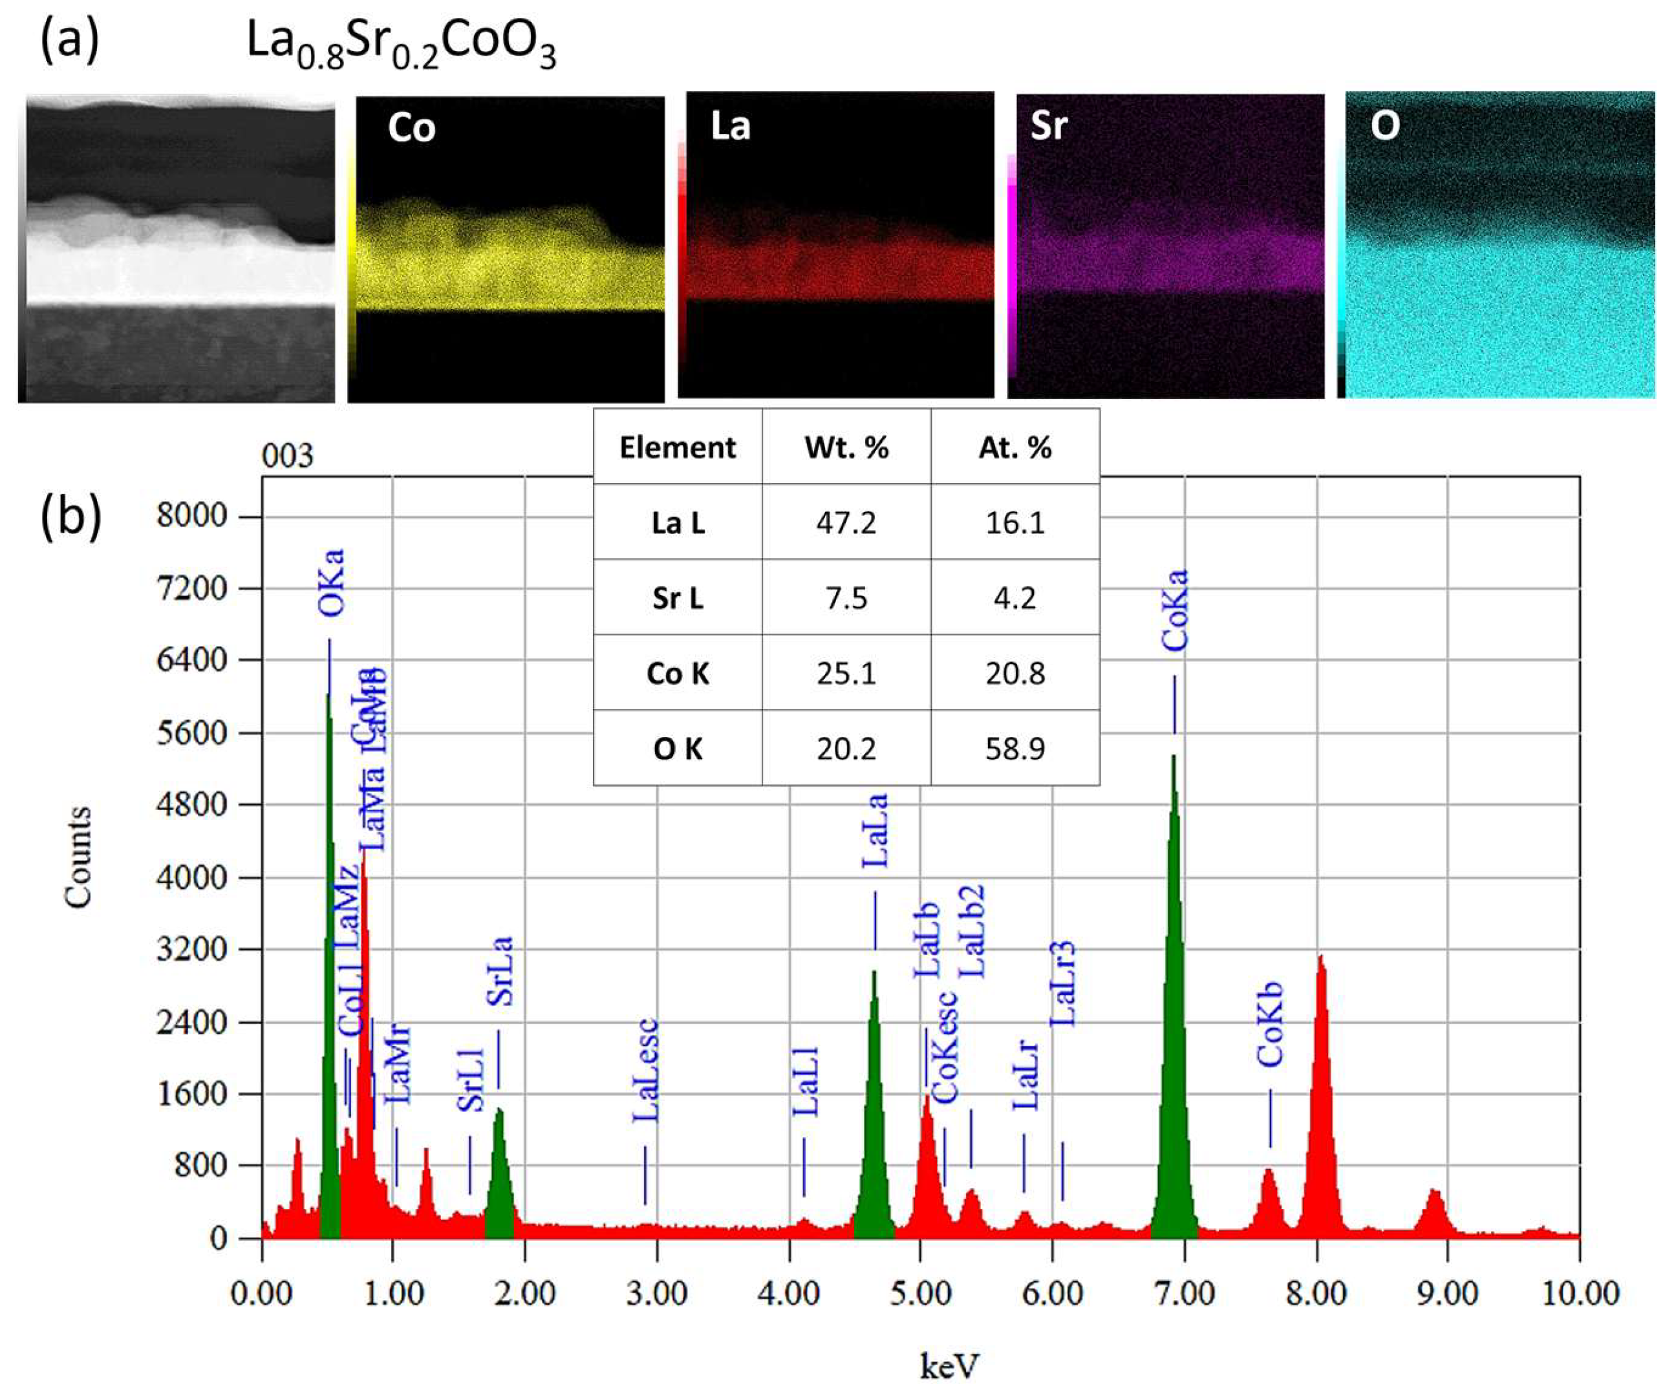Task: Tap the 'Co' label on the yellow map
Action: tap(411, 127)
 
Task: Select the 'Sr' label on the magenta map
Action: tap(1049, 125)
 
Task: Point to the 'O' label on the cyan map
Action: tap(1385, 125)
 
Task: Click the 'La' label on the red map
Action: tap(729, 125)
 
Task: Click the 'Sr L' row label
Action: tap(678, 598)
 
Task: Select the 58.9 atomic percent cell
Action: tap(1015, 749)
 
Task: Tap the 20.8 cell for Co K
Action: tap(1015, 673)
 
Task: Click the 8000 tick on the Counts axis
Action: tap(192, 516)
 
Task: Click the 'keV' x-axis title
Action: tap(949, 1365)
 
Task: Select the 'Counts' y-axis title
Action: tap(78, 857)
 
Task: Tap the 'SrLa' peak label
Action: tap(499, 972)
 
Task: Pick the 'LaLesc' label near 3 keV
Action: tap(645, 1071)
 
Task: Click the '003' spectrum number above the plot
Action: tap(288, 456)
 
